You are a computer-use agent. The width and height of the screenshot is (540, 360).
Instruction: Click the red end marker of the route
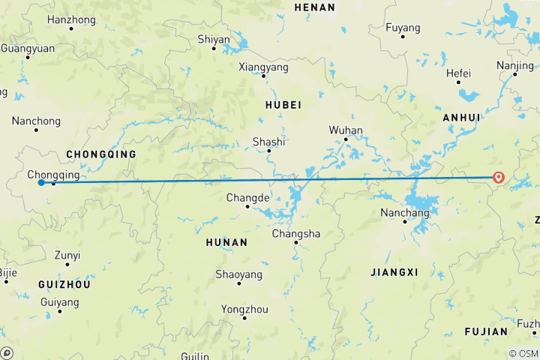pyautogui.click(x=499, y=178)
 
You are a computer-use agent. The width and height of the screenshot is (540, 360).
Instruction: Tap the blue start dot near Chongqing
pyautogui.click(x=41, y=182)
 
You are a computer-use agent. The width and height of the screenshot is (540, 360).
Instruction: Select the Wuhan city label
pyautogui.click(x=346, y=130)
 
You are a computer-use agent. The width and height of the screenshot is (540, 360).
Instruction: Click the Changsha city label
pyautogui.click(x=295, y=234)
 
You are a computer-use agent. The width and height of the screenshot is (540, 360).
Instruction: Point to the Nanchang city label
pyautogui.click(x=404, y=213)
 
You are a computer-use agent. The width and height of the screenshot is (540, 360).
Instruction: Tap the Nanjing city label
pyautogui.click(x=515, y=65)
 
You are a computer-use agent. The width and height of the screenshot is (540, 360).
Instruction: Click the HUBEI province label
pyautogui.click(x=283, y=105)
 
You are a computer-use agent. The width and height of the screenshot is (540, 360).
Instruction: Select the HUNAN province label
pyautogui.click(x=226, y=242)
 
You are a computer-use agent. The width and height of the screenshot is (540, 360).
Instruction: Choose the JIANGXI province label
pyautogui.click(x=394, y=272)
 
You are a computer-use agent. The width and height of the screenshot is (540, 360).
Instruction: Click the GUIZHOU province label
pyautogui.click(x=64, y=285)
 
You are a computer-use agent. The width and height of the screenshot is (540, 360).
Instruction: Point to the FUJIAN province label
pyautogui.click(x=486, y=331)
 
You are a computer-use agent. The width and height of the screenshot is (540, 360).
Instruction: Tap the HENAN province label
pyautogui.click(x=314, y=7)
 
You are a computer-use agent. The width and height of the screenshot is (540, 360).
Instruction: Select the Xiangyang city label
pyautogui.click(x=263, y=67)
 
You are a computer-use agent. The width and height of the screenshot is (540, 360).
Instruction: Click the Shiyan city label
pyautogui.click(x=213, y=39)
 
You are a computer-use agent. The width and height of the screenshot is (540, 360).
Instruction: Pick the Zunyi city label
pyautogui.click(x=67, y=255)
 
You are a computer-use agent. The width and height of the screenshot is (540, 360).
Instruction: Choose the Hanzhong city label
pyautogui.click(x=71, y=19)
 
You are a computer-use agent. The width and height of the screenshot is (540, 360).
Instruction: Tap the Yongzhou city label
pyautogui.click(x=244, y=309)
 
